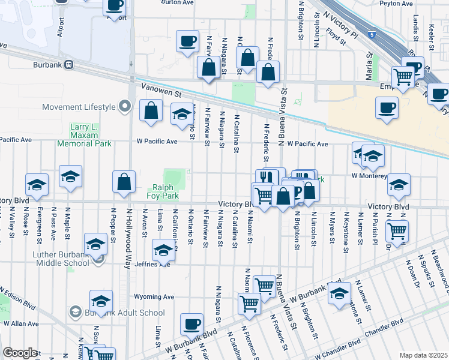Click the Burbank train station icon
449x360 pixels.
(x=70, y=65)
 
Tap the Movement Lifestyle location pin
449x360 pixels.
(x=125, y=107)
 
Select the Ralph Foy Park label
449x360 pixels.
(x=163, y=191)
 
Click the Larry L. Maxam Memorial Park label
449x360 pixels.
(x=84, y=136)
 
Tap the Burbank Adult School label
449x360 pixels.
(x=125, y=313)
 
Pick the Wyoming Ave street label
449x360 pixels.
(x=154, y=296)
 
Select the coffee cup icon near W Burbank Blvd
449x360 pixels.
(x=191, y=324)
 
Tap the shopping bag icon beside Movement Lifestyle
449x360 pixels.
(x=151, y=110)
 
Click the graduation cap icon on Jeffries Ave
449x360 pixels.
(x=163, y=249)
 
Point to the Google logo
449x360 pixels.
(x=20, y=352)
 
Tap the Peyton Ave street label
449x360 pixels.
(x=396, y=4)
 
